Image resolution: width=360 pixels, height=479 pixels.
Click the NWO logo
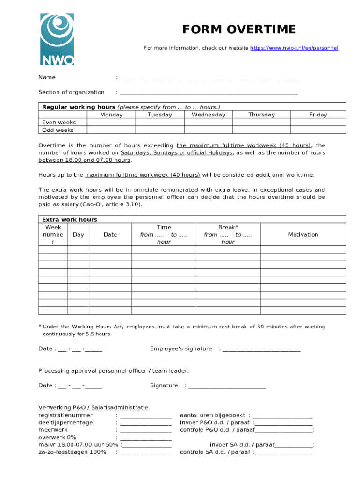[x=57, y=39]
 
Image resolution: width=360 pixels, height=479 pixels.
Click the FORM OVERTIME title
[x=239, y=29]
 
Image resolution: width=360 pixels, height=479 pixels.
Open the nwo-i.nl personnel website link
[x=294, y=48]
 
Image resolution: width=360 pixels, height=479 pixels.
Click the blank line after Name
[x=209, y=78]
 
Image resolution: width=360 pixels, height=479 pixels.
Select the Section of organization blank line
[x=209, y=93]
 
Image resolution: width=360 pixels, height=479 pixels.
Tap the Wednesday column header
[x=209, y=115]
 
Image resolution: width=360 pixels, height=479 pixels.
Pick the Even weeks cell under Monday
[x=111, y=122]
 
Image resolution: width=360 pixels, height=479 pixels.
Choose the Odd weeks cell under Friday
[x=318, y=130]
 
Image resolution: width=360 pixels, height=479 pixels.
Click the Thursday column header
[x=261, y=115]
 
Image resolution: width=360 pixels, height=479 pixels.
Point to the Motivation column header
[x=303, y=234]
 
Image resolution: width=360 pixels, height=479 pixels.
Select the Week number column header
[x=53, y=234]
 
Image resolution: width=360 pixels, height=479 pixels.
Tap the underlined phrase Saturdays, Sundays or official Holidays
[x=176, y=152]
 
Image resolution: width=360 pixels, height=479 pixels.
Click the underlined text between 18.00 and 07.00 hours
[x=84, y=160]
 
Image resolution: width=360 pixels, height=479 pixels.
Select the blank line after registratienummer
[x=145, y=416]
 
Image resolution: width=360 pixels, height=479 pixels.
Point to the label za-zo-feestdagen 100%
[x=72, y=452]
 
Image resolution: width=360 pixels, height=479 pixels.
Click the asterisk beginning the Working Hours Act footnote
[x=40, y=326]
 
